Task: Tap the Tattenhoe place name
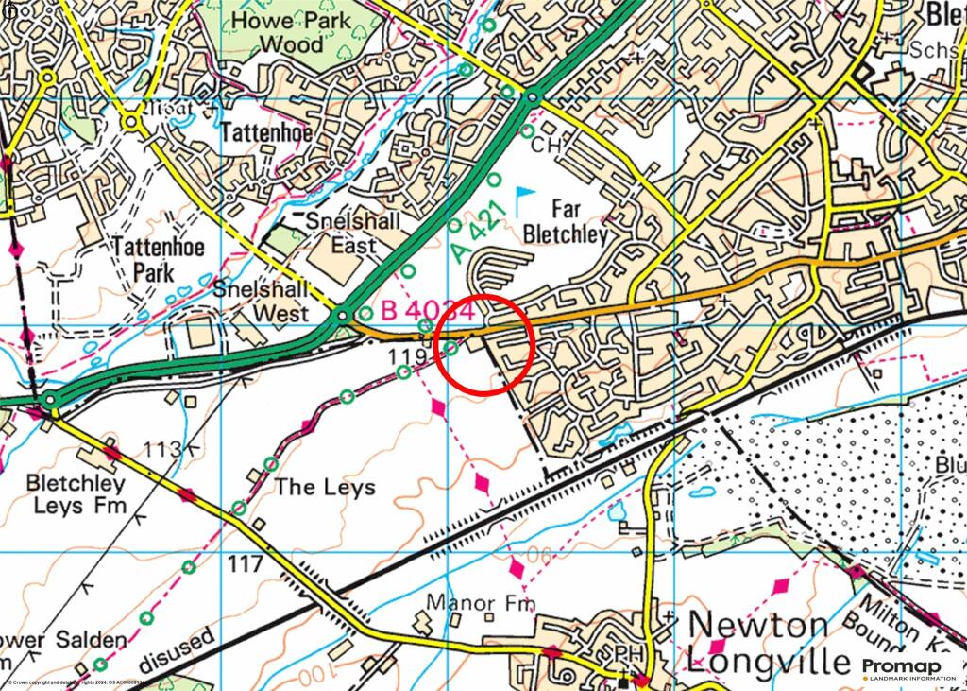[265, 133]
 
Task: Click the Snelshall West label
[262, 301]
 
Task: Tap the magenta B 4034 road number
[427, 309]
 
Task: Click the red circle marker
[487, 344]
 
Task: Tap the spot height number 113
[161, 448]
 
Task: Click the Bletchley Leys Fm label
[75, 493]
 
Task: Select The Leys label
[325, 488]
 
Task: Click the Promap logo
[901, 669]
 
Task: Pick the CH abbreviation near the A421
[546, 146]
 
